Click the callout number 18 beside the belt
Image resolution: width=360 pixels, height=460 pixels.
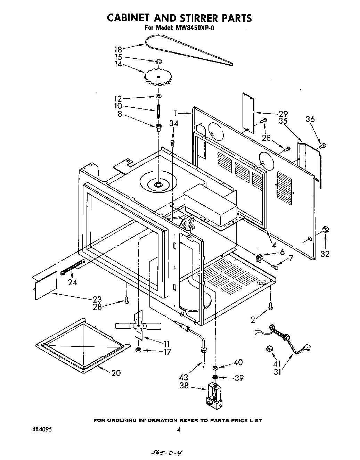(x=118, y=49)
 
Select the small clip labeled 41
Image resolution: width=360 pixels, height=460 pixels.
(x=269, y=348)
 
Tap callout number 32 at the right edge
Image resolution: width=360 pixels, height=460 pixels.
(x=325, y=254)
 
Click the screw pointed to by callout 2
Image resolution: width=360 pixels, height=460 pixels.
(x=270, y=306)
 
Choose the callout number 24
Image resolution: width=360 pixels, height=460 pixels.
(x=72, y=282)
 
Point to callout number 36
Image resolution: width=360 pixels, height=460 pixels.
(x=310, y=120)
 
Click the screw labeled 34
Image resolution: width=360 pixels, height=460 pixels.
(x=173, y=142)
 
